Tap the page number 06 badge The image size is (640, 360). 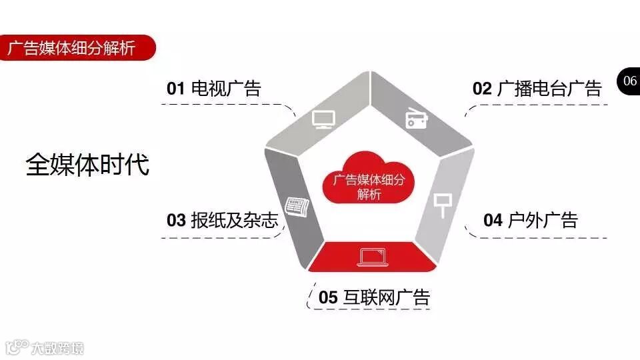click(629, 81)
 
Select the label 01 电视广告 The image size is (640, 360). click(213, 88)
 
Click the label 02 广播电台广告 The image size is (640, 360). click(537, 88)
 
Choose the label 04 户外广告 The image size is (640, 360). click(531, 220)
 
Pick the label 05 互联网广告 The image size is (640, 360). click(374, 297)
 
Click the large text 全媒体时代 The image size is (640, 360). click(87, 165)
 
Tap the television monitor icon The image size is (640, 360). click(324, 119)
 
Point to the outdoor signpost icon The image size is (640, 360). click(441, 203)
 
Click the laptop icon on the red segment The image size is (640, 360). click(372, 257)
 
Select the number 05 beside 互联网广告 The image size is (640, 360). click(328, 297)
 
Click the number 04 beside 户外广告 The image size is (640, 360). click(493, 220)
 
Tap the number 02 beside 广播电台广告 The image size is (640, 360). click(482, 88)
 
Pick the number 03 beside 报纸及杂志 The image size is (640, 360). click(176, 220)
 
